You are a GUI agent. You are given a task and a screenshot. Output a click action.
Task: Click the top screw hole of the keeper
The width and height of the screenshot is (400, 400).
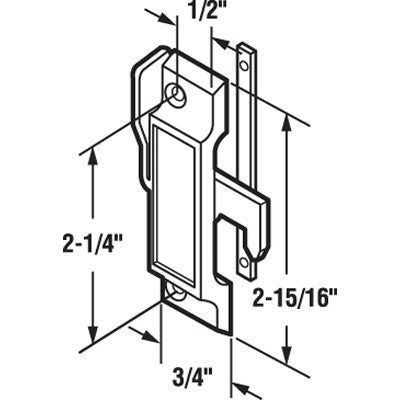177,97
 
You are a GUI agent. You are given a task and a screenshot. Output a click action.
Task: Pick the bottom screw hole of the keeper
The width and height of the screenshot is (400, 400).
177,293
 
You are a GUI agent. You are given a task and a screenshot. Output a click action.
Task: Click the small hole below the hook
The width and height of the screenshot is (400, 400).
245,261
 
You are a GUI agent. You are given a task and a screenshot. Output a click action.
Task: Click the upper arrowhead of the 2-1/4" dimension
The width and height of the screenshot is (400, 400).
95,155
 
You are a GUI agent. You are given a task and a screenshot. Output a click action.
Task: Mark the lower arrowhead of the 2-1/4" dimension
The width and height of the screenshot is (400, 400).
95,335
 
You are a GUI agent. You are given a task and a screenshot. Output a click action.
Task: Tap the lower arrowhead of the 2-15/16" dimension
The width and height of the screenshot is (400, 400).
291,354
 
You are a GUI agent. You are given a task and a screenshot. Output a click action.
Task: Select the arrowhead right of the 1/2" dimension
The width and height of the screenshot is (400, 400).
222,45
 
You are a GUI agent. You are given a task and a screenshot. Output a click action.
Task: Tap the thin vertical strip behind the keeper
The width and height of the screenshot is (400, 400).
244,150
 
